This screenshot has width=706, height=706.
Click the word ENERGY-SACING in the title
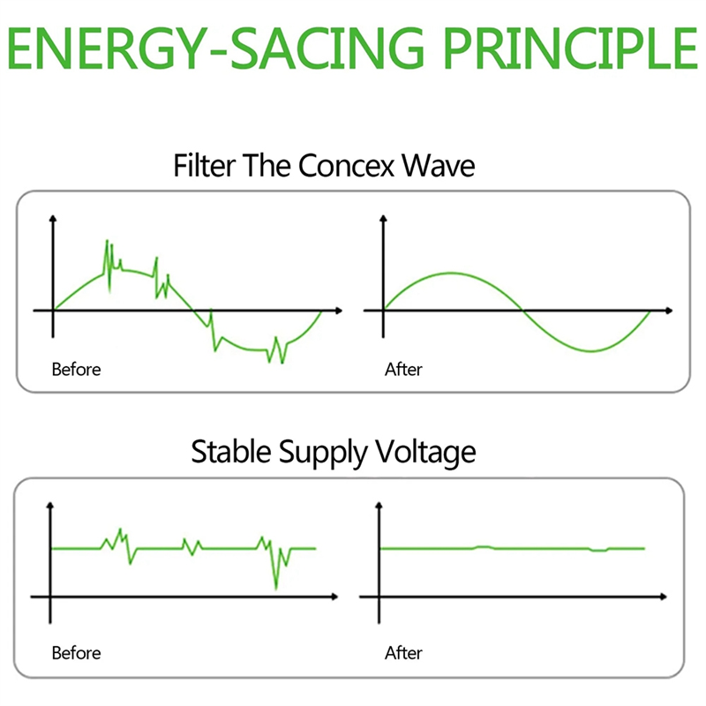point(216,49)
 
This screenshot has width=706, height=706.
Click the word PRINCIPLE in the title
point(571,49)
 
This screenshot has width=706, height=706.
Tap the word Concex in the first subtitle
point(346,166)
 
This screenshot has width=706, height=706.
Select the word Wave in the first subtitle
point(439,166)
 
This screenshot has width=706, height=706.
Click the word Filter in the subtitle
point(205,166)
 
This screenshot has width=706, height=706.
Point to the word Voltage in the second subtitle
point(425,453)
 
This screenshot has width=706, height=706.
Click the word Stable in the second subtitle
point(231,451)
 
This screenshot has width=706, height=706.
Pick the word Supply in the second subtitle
point(323,453)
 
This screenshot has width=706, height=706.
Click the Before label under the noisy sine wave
point(76,370)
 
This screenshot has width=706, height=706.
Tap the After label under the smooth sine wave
point(403,370)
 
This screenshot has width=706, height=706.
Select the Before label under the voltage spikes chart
point(76,653)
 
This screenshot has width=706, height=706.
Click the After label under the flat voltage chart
point(403,653)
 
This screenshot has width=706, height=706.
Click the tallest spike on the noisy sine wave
point(107,241)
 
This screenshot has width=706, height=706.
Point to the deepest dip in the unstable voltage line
point(276,588)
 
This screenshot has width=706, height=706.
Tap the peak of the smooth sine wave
point(452,274)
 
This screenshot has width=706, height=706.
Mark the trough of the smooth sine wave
point(590,350)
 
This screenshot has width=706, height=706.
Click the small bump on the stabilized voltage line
point(484,547)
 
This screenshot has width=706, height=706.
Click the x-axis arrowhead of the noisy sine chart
point(339,311)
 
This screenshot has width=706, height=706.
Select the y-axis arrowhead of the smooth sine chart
point(383,219)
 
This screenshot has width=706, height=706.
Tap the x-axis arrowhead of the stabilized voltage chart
point(664,597)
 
